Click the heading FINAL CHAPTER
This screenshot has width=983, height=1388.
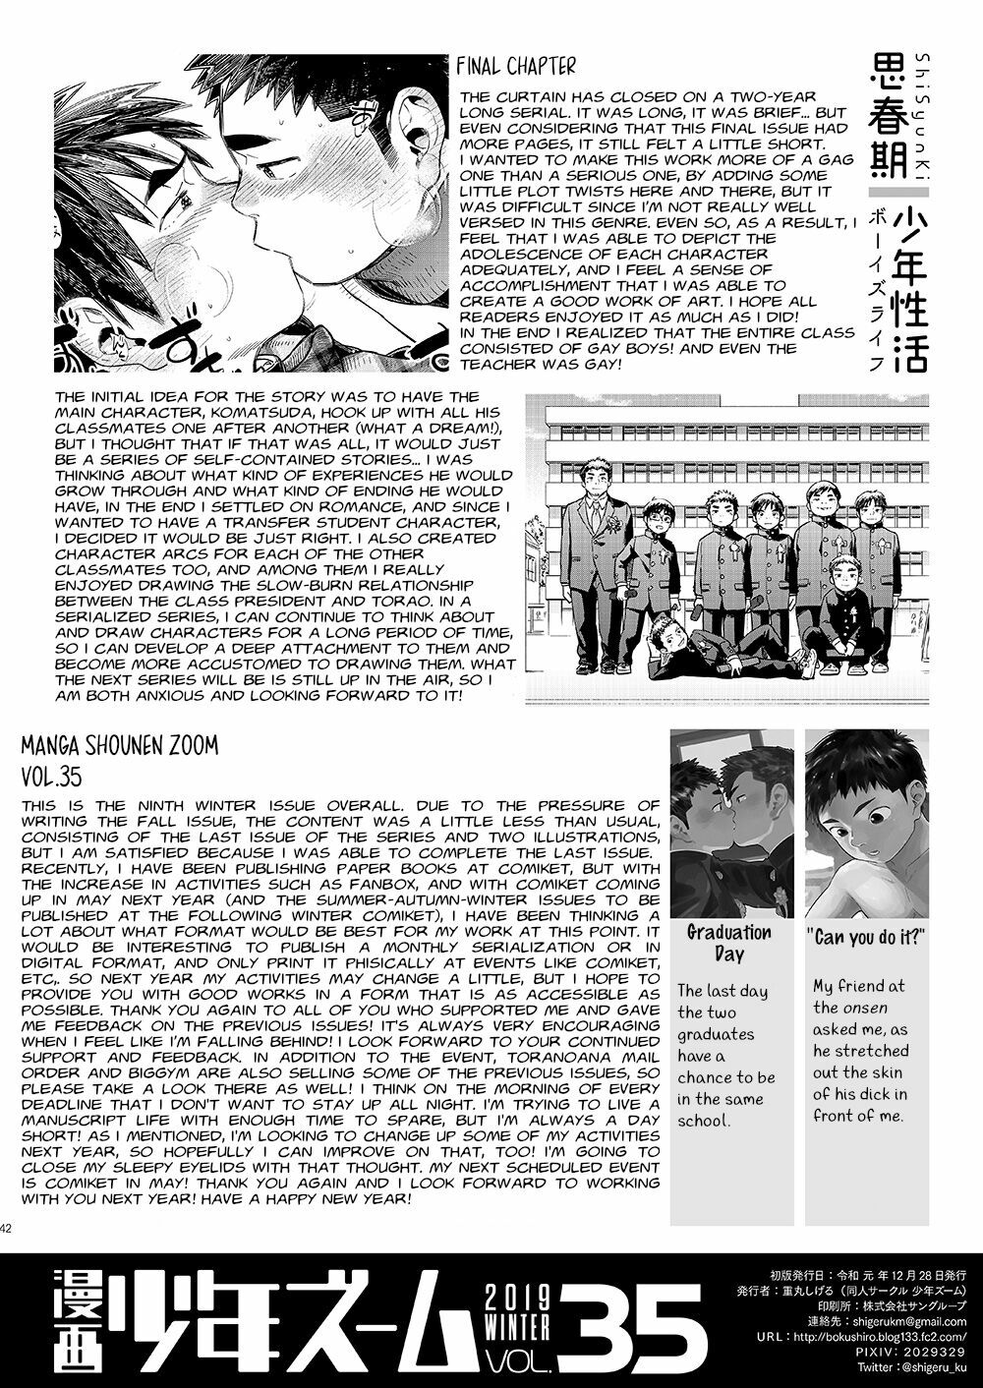[x=516, y=67]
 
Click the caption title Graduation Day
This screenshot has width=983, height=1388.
[x=728, y=942]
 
